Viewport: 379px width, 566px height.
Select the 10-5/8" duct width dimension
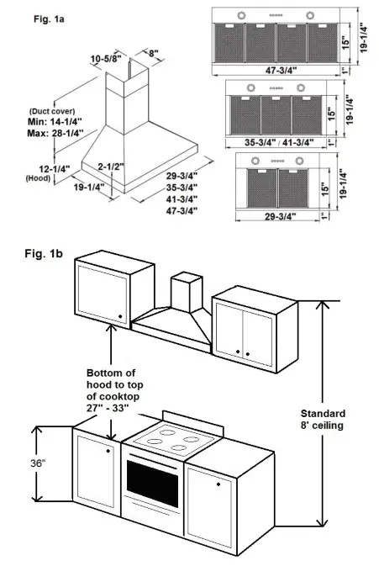click(x=106, y=58)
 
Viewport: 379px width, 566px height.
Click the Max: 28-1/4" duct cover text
click(x=50, y=132)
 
